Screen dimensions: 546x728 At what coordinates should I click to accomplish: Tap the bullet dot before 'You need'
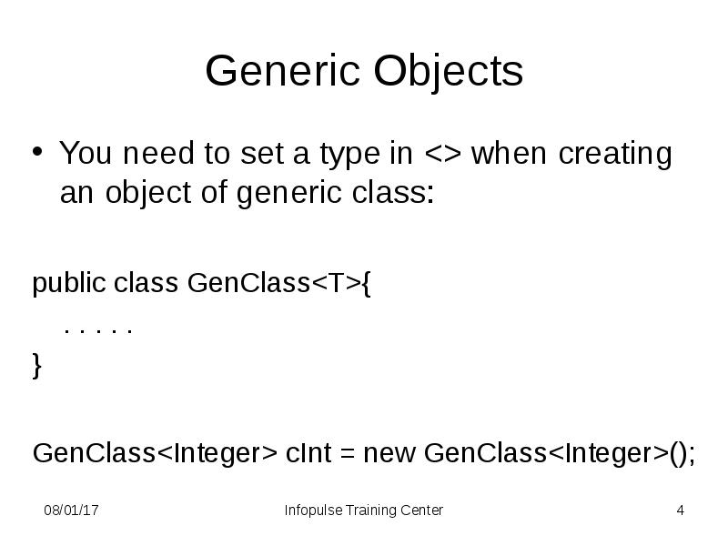click(38, 150)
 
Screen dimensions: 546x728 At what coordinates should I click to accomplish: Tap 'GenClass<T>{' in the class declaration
click(278, 284)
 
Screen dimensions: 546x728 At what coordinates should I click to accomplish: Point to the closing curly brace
click(37, 367)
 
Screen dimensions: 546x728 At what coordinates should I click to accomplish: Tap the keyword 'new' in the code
click(390, 452)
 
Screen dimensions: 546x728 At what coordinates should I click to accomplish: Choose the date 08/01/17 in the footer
click(72, 511)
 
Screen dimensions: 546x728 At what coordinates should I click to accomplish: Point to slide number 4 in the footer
click(680, 511)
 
